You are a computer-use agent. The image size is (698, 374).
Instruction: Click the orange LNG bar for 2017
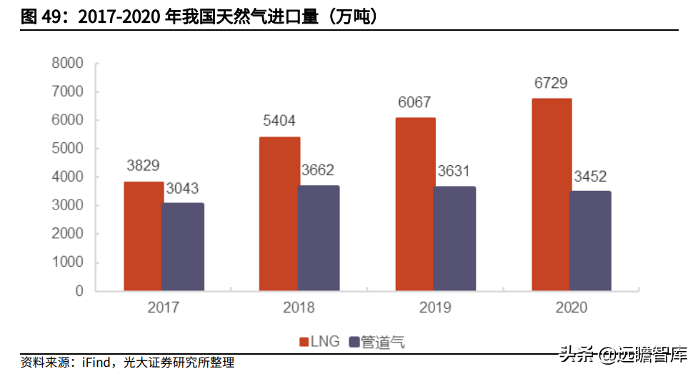click(143, 236)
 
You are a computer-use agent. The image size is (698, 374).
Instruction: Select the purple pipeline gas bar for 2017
click(183, 247)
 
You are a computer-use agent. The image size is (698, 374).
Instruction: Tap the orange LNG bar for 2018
click(279, 214)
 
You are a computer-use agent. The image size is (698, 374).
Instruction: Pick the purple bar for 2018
click(319, 238)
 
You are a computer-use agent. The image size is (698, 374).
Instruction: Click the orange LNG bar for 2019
click(415, 204)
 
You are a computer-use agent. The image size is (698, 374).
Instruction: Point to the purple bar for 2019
click(455, 239)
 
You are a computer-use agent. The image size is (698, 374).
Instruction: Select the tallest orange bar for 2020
click(552, 195)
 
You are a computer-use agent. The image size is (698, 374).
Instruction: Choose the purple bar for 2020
click(591, 241)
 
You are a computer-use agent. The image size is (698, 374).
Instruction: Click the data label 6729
click(551, 83)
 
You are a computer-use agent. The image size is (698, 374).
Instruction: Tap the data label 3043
click(182, 188)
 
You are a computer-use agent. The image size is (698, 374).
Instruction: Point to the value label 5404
click(279, 120)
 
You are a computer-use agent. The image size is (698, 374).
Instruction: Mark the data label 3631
click(454, 171)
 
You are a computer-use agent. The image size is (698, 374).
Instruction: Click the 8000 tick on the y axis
click(67, 64)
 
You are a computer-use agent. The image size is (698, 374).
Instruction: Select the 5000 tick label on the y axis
click(67, 149)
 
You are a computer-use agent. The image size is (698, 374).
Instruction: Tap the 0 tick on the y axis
click(79, 291)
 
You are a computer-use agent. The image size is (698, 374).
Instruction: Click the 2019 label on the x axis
click(435, 307)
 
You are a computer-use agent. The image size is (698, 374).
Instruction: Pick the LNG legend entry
click(319, 342)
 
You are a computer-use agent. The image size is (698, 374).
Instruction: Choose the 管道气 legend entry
click(377, 343)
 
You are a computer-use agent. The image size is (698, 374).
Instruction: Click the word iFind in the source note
click(96, 362)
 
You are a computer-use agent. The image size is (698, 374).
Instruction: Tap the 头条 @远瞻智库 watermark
click(624, 355)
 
